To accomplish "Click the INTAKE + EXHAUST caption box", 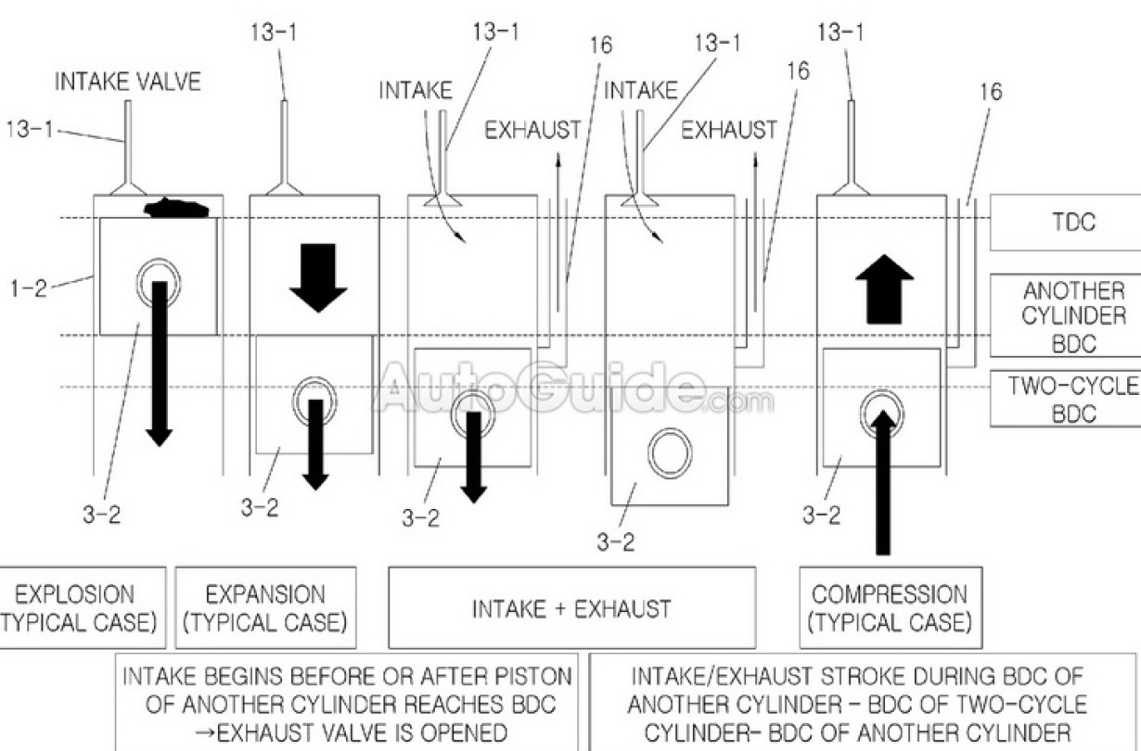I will pos(571,608).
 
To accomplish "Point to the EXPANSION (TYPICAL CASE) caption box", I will pos(265,608).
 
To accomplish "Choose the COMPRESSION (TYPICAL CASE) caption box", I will pos(890,608).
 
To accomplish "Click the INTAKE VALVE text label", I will pos(127,82).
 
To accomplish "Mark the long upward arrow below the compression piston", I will pos(883,482).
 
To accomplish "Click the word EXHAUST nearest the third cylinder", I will pos(532,131).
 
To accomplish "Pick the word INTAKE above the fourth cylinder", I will pos(640,91).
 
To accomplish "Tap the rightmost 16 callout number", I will pos(991,92).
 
